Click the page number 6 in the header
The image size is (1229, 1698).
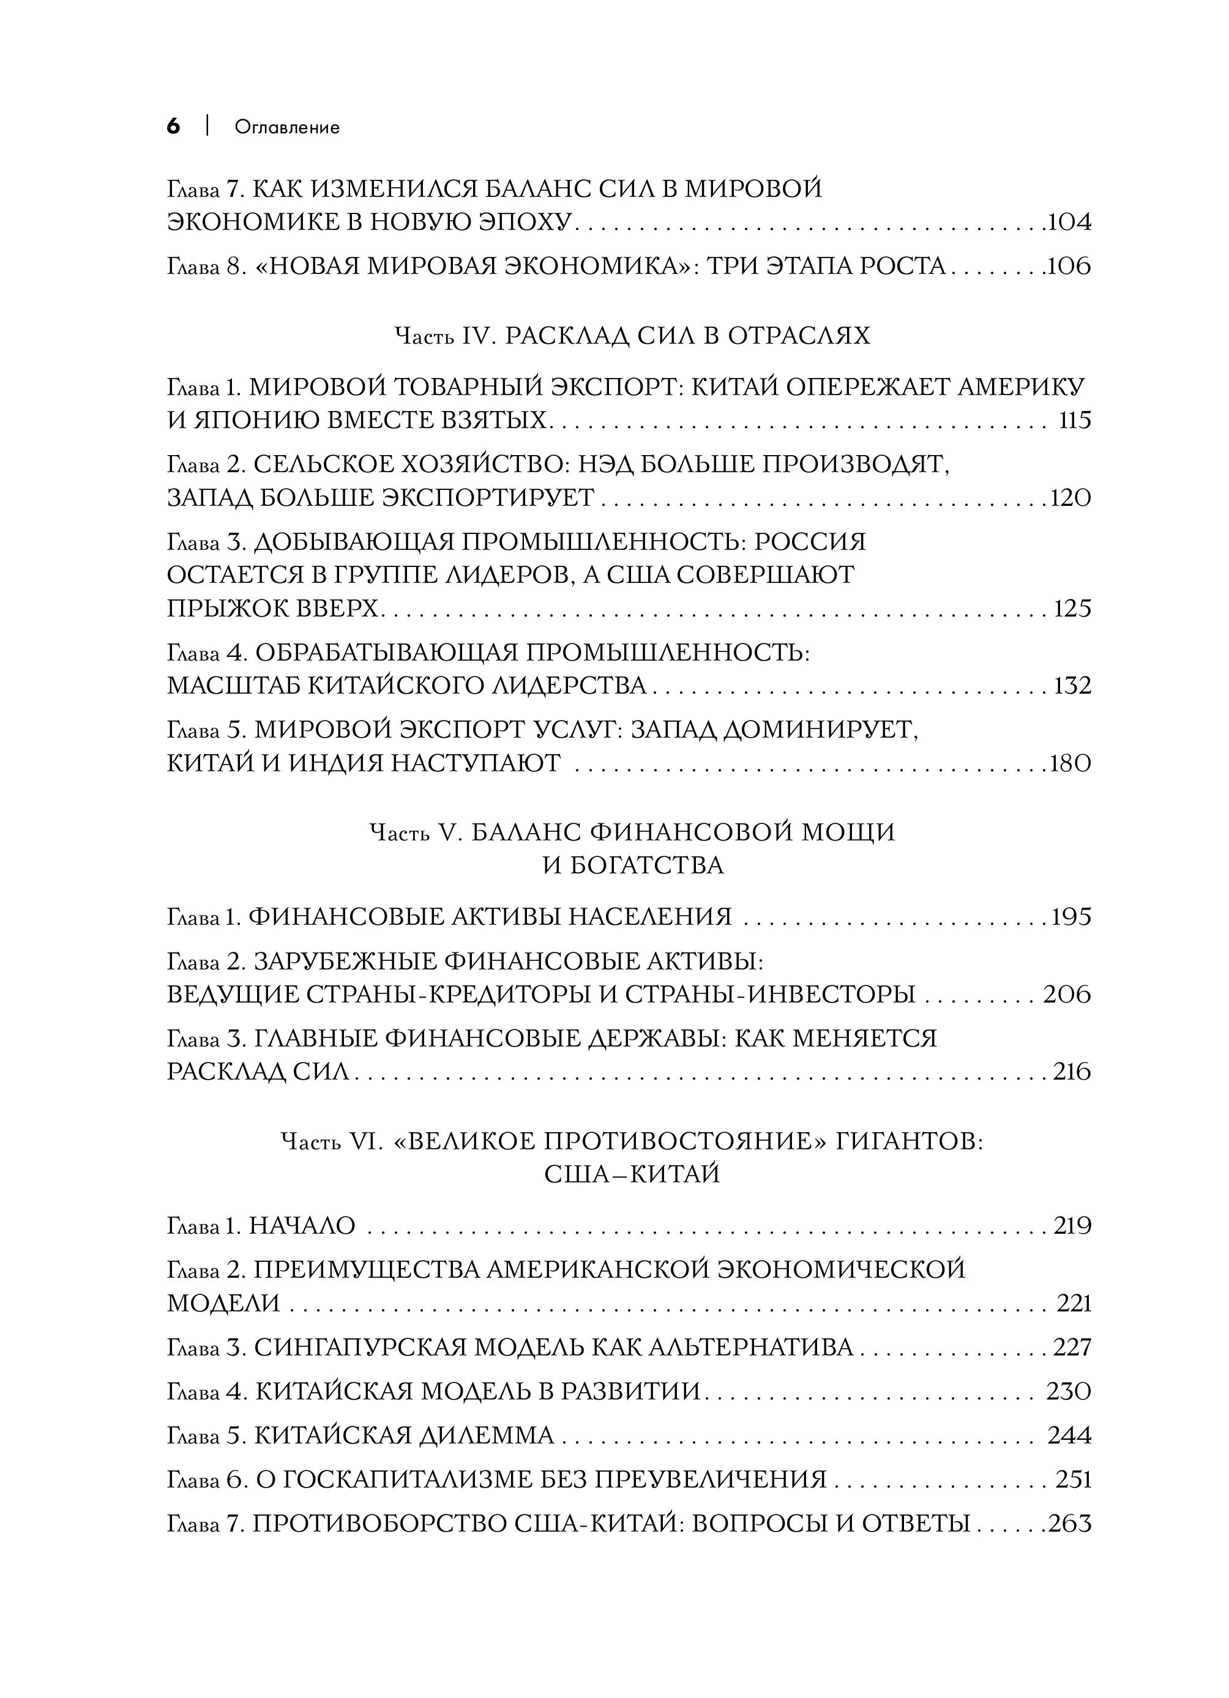pos(173,127)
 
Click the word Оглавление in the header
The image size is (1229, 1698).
pos(287,127)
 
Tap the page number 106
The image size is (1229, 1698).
pos(1069,266)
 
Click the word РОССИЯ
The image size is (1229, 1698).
pos(809,541)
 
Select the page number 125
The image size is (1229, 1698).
pos(1072,608)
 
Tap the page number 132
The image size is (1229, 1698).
pos(1072,685)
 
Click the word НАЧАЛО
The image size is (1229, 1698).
pos(302,1226)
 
